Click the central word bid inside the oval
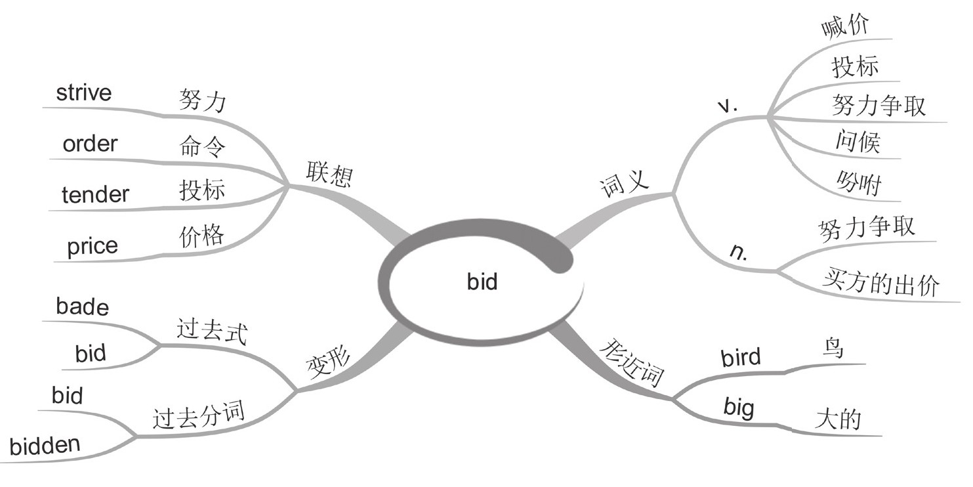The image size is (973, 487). click(x=482, y=282)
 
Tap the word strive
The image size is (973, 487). click(x=84, y=93)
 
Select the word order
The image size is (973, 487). click(x=90, y=144)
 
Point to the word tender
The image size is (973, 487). click(x=95, y=194)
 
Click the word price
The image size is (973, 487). click(x=93, y=246)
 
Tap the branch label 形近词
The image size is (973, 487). click(x=633, y=365)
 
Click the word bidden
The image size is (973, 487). click(x=45, y=446)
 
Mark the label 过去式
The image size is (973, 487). click(x=211, y=331)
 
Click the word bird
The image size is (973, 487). click(x=741, y=358)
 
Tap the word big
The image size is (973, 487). click(x=739, y=408)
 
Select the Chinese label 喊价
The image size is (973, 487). click(x=845, y=26)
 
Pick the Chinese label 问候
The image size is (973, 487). click(x=858, y=141)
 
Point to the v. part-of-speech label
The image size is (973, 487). click(x=728, y=106)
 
